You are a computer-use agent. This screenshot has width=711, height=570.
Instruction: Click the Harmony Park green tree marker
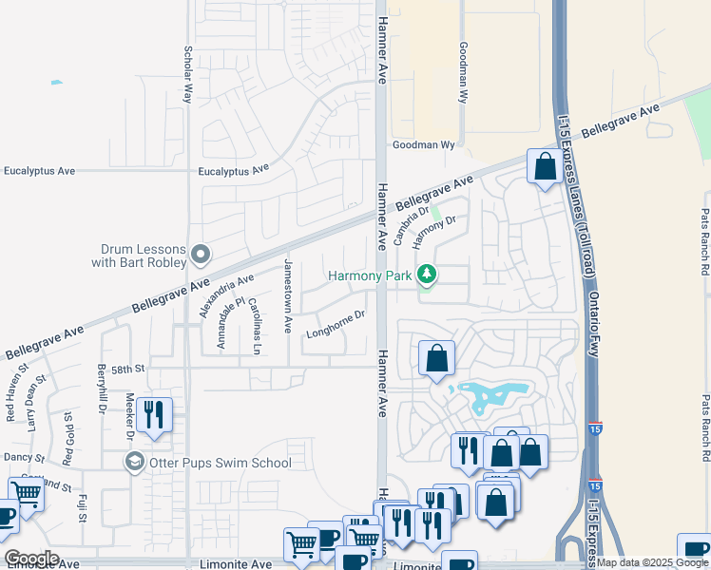[x=428, y=275]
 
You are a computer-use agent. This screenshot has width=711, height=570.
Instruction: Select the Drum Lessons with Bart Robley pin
[x=201, y=255]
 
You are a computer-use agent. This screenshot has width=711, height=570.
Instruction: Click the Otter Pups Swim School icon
[x=134, y=462]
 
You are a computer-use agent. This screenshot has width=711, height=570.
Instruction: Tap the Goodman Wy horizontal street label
[x=425, y=146]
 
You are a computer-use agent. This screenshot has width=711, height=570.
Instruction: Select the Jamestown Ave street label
[x=288, y=294]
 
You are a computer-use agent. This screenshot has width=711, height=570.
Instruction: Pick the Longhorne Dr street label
[x=336, y=324]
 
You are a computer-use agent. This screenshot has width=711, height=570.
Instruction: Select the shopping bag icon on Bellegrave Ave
[x=545, y=167]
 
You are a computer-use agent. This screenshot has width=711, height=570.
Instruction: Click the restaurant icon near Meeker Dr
[x=152, y=414]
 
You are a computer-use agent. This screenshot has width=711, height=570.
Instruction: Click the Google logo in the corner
[x=31, y=559]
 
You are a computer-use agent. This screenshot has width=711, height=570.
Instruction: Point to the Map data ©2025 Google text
[x=652, y=562]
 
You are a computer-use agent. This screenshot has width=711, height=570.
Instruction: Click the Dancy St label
[x=18, y=457]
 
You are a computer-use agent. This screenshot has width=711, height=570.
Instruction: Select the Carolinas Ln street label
[x=255, y=325]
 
